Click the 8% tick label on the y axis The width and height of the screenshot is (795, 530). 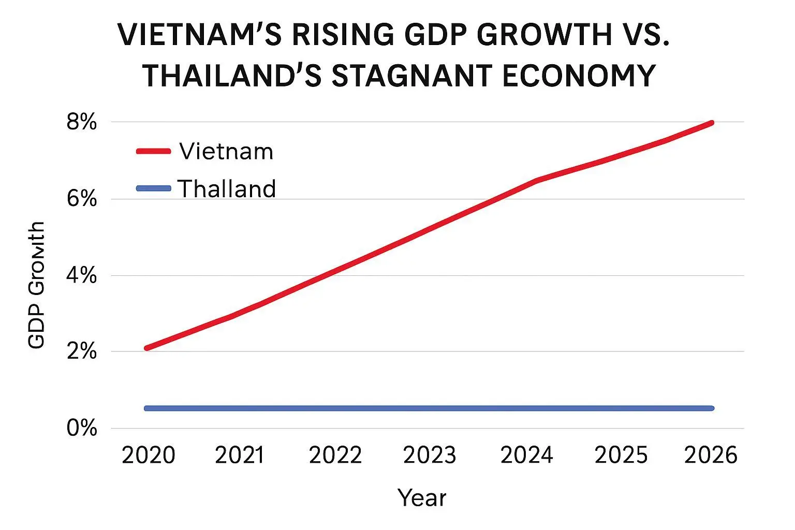[x=82, y=123]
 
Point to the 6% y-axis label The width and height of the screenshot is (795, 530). [x=82, y=199]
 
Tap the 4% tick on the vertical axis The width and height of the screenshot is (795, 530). [x=82, y=275]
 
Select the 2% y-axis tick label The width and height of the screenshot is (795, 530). [x=82, y=351]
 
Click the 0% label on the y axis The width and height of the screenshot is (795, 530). [x=82, y=428]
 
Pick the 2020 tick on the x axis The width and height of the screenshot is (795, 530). [x=149, y=455]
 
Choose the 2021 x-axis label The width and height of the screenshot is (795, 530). [x=240, y=455]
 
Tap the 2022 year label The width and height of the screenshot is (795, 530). [x=335, y=455]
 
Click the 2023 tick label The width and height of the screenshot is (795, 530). [x=430, y=455]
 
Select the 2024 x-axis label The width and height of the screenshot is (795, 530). [x=527, y=455]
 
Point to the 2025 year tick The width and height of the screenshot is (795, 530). [x=621, y=455]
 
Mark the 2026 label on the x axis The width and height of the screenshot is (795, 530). [x=711, y=455]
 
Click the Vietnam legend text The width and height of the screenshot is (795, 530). [x=226, y=152]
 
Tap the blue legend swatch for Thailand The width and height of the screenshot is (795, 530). [x=154, y=188]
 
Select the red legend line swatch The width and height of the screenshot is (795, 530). [x=154, y=151]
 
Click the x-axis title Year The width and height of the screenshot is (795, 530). [x=422, y=498]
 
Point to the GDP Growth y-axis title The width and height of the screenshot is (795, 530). [x=36, y=285]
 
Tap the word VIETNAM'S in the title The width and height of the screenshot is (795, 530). [x=200, y=35]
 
